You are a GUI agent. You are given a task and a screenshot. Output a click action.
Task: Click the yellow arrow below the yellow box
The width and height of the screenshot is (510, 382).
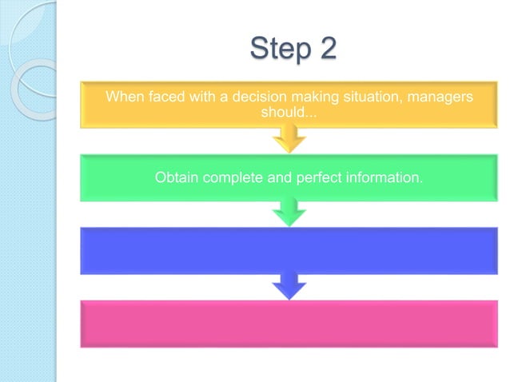tap(289, 141)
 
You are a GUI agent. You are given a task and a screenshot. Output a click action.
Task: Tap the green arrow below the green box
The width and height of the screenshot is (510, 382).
tap(289, 213)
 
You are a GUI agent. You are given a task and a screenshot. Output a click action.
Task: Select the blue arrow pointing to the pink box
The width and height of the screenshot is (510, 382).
tap(289, 285)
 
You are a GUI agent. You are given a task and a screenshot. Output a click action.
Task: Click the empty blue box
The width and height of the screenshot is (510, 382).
tap(289, 250)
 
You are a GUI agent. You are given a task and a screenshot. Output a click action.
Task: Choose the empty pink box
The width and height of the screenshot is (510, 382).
tap(289, 324)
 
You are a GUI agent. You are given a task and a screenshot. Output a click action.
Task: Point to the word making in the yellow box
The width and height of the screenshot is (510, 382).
tap(297, 97)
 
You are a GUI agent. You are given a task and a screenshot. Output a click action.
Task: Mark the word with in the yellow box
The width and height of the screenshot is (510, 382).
tap(197, 97)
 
